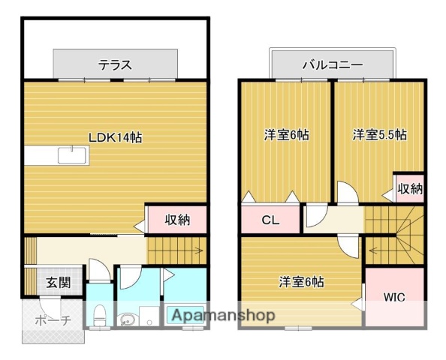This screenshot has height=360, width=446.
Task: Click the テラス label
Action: click(115, 64)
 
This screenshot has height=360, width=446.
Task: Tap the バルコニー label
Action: click(331, 64)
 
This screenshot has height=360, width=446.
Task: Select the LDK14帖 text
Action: click(116, 137)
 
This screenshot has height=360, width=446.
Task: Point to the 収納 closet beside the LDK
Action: click(177, 220)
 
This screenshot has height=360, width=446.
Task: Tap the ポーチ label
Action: click(52, 320)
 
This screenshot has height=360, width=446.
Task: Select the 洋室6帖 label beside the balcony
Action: click(285, 135)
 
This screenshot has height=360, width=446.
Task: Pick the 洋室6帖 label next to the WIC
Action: click(300, 282)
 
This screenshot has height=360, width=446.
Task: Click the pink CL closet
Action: click(270, 220)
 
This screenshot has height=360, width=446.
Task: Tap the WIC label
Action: click(394, 297)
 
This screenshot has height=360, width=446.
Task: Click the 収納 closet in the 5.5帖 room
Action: click(410, 188)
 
